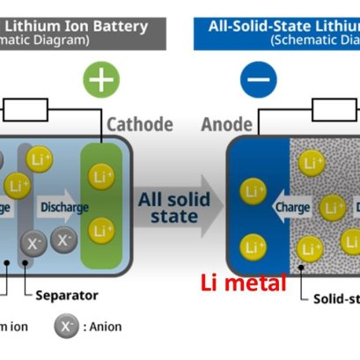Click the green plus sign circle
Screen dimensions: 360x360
click(102, 80)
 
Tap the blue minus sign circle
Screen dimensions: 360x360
click(258, 80)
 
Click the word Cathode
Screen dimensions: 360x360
click(139, 124)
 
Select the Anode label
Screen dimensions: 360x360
click(228, 124)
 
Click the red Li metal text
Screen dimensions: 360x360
click(244, 283)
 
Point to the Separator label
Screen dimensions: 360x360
click(67, 295)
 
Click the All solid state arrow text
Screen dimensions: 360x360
click(174, 208)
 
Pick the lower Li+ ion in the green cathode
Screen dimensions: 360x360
click(102, 230)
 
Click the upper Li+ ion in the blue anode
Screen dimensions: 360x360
click(253, 191)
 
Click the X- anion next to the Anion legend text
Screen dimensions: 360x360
click(67, 327)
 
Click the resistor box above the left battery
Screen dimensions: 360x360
click(26, 109)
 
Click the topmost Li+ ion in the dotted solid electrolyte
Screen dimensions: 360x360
click(311, 163)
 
